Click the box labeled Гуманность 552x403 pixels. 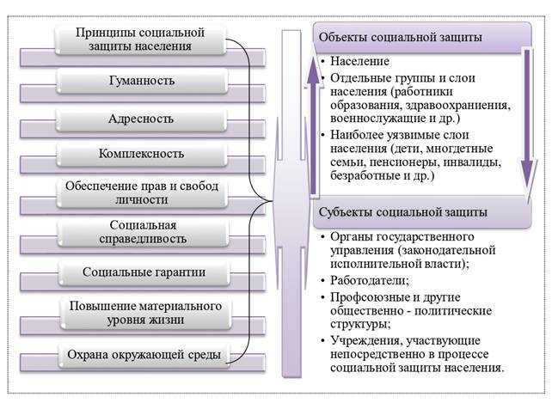point(141,81)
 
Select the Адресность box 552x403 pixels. point(141,118)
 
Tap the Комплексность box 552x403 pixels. point(141,155)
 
